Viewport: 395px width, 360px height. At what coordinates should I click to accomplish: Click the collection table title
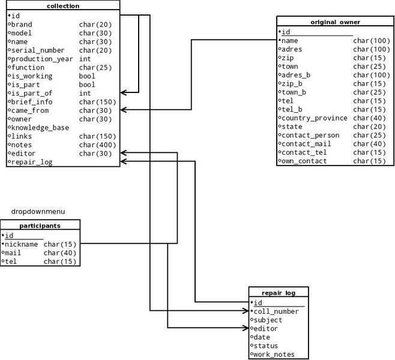(x=63, y=6)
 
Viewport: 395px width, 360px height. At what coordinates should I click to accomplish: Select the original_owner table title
(x=335, y=22)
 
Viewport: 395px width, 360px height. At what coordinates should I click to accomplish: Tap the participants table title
(x=40, y=226)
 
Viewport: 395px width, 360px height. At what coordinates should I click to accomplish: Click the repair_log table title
(x=279, y=293)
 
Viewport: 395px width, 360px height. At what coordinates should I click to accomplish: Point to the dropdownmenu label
(x=38, y=211)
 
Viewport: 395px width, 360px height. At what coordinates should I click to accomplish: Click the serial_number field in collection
(x=38, y=50)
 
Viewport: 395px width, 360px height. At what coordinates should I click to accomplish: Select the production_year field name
(x=42, y=59)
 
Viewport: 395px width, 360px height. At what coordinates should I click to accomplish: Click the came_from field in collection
(x=30, y=110)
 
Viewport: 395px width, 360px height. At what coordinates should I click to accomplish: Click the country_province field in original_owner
(x=314, y=118)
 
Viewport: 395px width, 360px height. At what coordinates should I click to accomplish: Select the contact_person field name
(x=310, y=136)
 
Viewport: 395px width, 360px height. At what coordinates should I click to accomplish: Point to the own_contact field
(x=304, y=161)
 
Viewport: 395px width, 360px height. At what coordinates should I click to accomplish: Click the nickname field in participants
(x=21, y=244)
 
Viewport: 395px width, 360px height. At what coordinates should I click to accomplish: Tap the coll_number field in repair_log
(x=276, y=311)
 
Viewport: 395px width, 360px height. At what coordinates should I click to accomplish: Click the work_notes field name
(x=274, y=355)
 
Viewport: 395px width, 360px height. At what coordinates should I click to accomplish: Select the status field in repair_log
(x=265, y=346)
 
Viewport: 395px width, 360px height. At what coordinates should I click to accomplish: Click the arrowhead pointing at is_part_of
(x=123, y=93)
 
